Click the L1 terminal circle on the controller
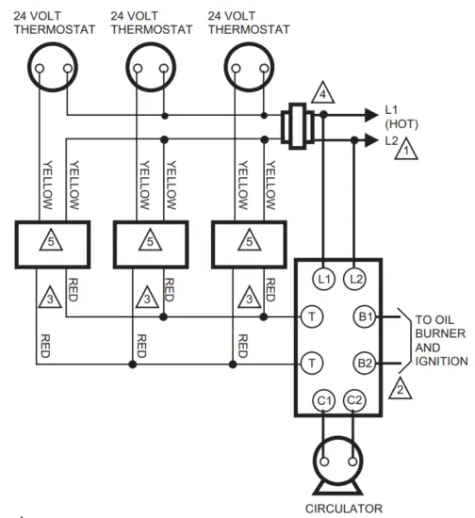[323, 279]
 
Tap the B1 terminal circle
[364, 316]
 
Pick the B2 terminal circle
[364, 363]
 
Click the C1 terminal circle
[323, 401]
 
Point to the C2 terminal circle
[354, 401]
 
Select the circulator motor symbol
[338, 461]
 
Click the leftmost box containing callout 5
[52, 244]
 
